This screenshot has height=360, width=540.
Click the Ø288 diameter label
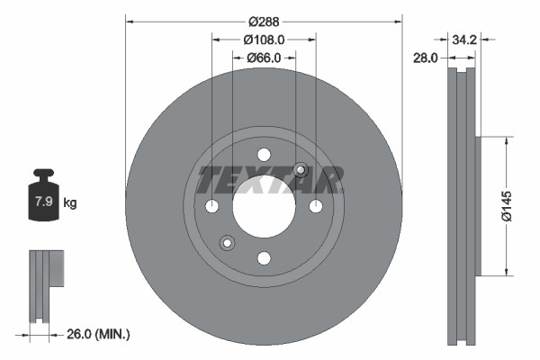[264, 20]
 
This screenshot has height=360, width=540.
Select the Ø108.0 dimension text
[264, 40]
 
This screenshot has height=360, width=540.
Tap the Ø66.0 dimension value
[264, 58]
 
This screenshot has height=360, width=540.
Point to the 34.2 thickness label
[464, 40]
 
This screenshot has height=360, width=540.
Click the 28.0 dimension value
[425, 58]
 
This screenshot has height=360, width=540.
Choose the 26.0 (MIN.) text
[99, 334]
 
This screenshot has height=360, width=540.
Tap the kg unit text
[70, 203]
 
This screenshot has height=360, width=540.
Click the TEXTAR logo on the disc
[270, 180]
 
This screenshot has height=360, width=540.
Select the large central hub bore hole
[264, 206]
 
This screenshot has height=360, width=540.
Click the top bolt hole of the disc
[264, 154]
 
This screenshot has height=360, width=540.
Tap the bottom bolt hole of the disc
[264, 258]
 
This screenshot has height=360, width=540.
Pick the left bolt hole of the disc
[211, 206]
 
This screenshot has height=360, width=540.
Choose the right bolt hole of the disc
[316, 206]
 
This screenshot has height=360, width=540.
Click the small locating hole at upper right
[301, 171]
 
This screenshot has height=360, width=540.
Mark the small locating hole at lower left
[227, 241]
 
